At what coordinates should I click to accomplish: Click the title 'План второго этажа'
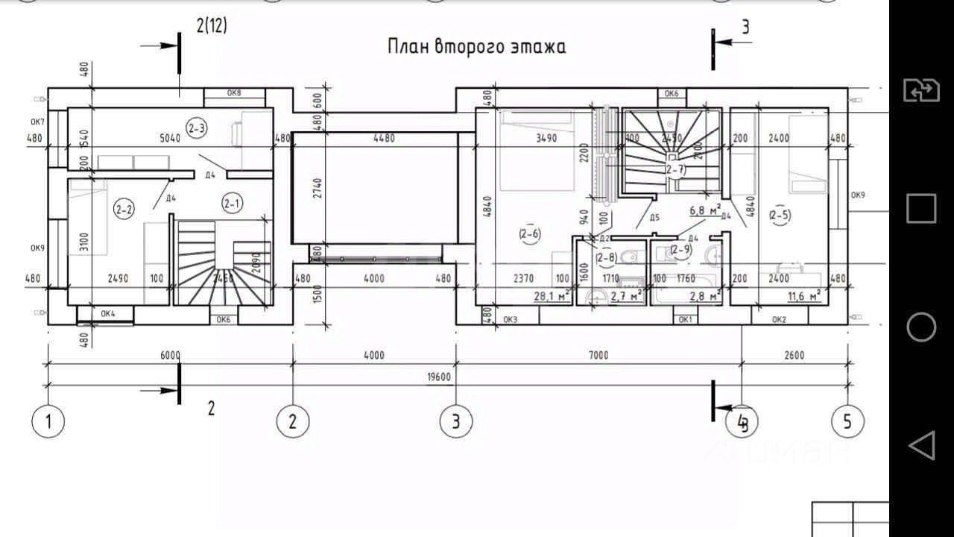476,46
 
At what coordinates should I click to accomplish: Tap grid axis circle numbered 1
48,421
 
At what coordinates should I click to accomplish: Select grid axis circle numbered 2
292,421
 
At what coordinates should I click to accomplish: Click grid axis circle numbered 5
847,421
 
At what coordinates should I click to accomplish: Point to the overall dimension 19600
438,377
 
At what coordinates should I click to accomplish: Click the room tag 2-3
197,128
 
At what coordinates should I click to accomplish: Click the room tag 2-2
124,210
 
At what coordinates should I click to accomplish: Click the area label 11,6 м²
805,296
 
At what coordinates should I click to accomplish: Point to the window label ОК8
234,93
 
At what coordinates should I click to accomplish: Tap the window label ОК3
510,320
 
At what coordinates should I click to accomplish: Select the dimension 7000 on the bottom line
598,355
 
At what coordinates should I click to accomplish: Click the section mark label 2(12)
212,26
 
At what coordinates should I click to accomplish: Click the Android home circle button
921,327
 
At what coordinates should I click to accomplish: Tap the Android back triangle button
921,445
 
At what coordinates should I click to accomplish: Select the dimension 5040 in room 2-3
171,138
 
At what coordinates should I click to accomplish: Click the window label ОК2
779,320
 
